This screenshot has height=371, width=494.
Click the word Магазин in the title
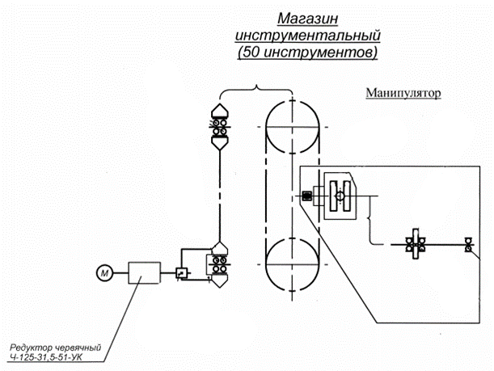click(306, 19)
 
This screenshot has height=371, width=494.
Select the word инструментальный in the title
click(306, 36)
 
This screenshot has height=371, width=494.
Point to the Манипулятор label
click(402, 94)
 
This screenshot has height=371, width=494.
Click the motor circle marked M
click(103, 273)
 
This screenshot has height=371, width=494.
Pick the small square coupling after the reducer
click(182, 272)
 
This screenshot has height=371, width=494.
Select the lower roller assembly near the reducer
click(218, 266)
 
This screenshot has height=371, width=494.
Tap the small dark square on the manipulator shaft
click(306, 196)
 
